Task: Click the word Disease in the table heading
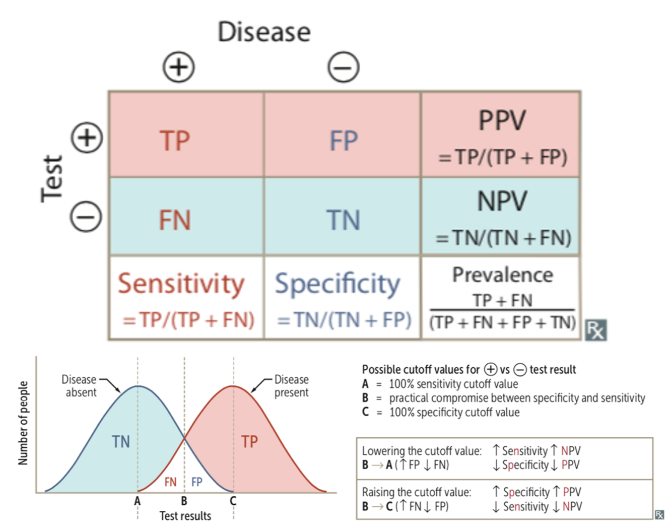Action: tap(264, 32)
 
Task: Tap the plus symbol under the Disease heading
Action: tap(179, 67)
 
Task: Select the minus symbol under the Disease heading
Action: tap(344, 67)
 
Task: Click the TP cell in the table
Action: tap(175, 141)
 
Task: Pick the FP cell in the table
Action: tap(344, 141)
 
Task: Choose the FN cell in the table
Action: tap(175, 220)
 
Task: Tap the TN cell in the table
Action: tap(344, 220)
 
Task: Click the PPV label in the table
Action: tap(502, 121)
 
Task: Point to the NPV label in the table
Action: tap(502, 201)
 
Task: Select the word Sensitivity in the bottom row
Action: tap(181, 284)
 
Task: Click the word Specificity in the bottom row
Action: tap(338, 285)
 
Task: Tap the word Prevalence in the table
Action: tap(502, 275)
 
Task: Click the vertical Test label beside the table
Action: tap(52, 179)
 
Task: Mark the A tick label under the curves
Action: tap(137, 501)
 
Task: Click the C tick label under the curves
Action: tap(233, 501)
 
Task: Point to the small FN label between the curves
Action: tap(170, 482)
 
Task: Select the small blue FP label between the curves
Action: tap(197, 482)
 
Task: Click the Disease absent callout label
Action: tap(80, 386)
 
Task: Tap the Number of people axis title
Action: tap(23, 423)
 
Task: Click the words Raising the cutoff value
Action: tap(417, 492)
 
